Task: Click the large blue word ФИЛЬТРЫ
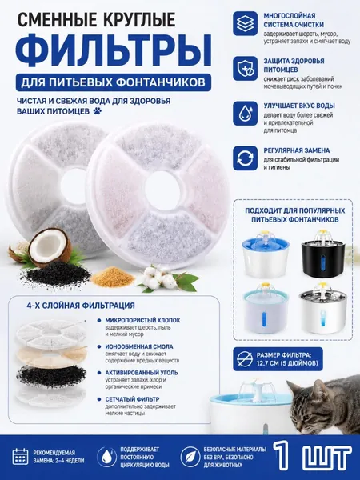114,50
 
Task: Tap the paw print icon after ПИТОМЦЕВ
98,110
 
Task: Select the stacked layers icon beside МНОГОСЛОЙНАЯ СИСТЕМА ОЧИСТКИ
245,23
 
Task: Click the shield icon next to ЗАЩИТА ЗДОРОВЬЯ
245,69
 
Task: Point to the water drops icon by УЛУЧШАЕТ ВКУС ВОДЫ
245,114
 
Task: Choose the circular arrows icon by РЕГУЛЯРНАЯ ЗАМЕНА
245,158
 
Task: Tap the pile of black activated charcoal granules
56,273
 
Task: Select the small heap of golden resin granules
114,278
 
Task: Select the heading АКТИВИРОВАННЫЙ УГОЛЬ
142,373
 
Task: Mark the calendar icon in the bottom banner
20,457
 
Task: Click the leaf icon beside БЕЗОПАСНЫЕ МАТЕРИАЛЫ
190,457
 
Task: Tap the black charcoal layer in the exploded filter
51,376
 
